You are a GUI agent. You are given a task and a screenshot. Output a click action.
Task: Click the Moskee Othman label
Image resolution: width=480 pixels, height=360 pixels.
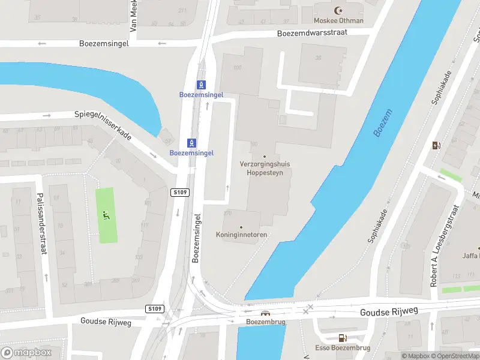339,20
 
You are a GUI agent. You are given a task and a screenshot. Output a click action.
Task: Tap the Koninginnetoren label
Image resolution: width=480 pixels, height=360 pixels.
241,235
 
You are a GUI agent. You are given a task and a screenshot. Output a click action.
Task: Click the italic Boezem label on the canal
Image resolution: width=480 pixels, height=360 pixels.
382,123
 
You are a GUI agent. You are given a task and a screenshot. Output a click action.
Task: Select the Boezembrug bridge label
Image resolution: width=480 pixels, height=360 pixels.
265,322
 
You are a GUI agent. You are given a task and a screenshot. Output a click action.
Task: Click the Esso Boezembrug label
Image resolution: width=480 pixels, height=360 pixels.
343,348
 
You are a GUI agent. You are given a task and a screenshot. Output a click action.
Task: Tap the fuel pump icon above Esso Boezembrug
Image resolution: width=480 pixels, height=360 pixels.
342,338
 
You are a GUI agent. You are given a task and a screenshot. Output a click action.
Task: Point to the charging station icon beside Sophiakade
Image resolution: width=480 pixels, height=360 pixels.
436,145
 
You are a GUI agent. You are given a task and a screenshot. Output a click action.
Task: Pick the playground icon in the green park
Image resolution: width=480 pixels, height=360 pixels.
106,215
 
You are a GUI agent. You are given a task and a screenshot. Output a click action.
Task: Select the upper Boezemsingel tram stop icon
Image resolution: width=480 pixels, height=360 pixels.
202,85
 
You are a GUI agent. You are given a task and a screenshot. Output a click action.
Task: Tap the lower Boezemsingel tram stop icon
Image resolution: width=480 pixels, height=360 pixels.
192,142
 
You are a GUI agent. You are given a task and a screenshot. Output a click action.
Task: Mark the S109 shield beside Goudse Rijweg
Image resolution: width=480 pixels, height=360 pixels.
155,308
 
